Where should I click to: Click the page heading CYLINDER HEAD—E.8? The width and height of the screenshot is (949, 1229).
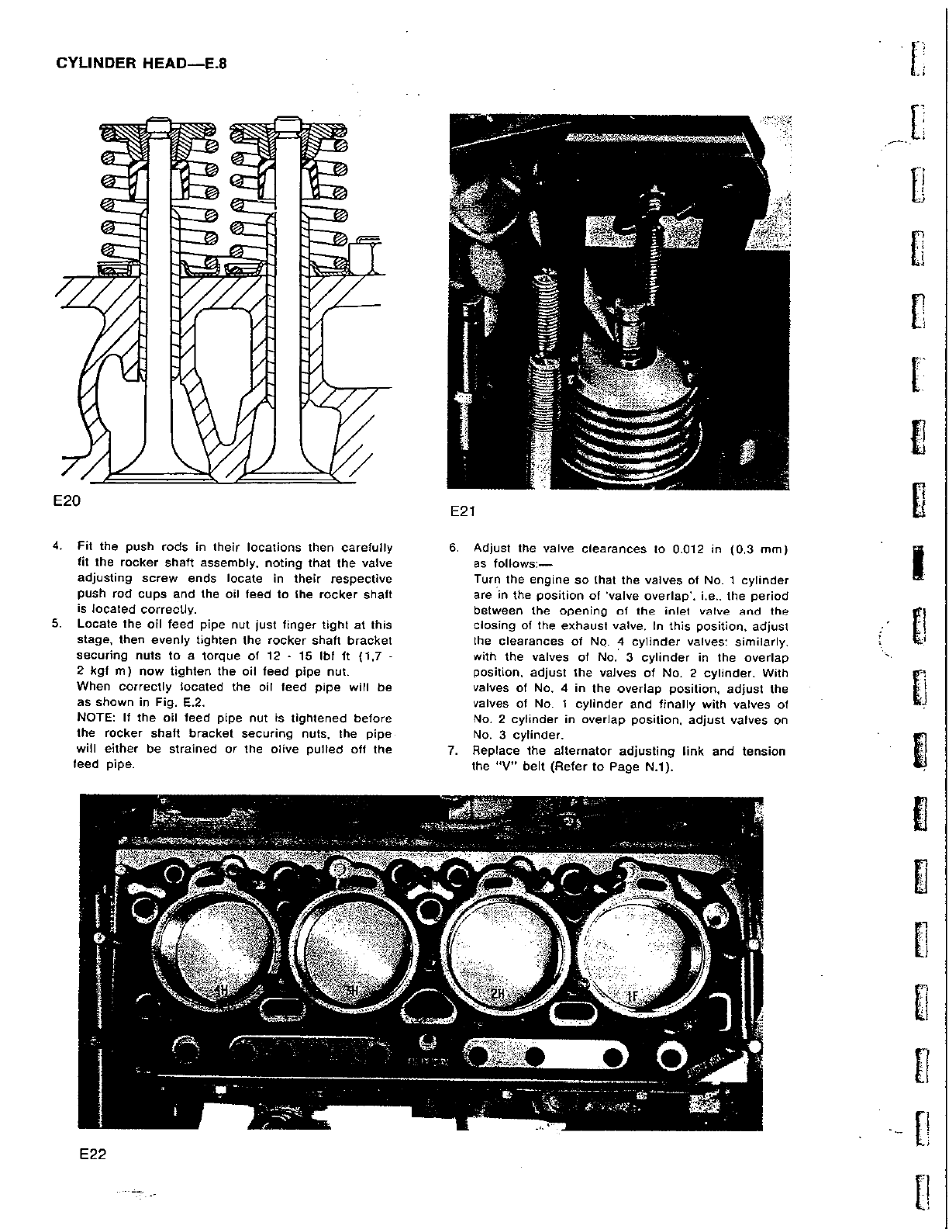tap(142, 63)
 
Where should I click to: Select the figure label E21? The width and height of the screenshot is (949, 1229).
tap(463, 511)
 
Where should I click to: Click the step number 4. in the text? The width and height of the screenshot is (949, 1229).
tap(57, 547)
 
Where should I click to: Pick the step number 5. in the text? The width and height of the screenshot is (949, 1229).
tap(57, 625)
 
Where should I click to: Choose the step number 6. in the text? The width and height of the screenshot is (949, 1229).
tap(454, 549)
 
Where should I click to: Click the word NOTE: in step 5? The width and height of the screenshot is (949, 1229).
tap(95, 718)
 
